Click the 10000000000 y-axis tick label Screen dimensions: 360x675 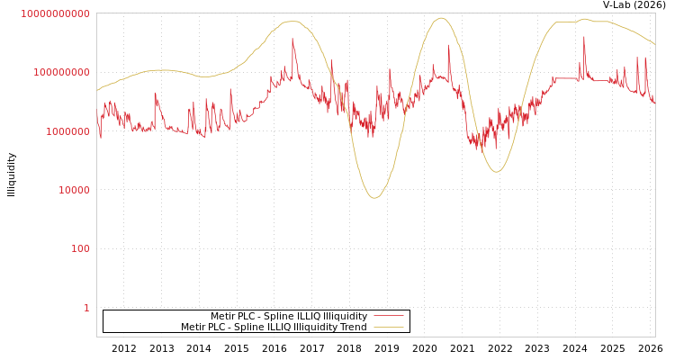click(55, 13)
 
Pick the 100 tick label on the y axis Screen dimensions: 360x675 click(81, 248)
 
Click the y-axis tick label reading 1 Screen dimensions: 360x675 click(87, 308)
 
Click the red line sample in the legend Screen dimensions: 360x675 click(388, 316)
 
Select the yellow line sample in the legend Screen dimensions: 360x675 click(388, 327)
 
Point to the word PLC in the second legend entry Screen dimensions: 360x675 click(220, 327)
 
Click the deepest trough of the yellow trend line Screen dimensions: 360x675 click(374, 198)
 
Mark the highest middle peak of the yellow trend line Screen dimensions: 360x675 click(440, 18)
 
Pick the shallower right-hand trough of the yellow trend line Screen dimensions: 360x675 click(497, 172)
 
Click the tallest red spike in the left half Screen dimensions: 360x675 click(292, 39)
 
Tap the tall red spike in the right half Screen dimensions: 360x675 click(584, 37)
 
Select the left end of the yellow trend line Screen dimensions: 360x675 click(97, 90)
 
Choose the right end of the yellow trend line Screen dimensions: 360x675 click(654, 43)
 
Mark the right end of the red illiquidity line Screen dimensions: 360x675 click(654, 102)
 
